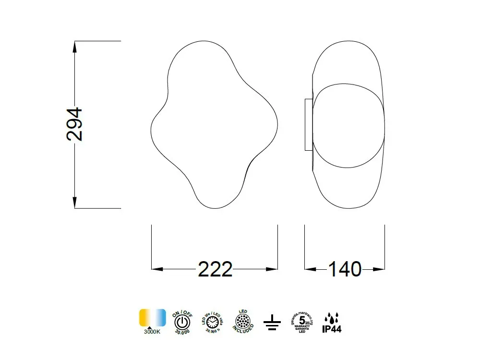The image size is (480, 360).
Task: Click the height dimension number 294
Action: point(74,124)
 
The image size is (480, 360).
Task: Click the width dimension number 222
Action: point(215,269)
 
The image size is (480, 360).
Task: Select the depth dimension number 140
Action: point(345,269)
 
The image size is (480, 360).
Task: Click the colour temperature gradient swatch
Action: point(153,318)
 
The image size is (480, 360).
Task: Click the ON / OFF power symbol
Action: point(182,321)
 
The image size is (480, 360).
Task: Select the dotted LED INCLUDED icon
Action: point(243,321)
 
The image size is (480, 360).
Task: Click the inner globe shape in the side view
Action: point(348,125)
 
